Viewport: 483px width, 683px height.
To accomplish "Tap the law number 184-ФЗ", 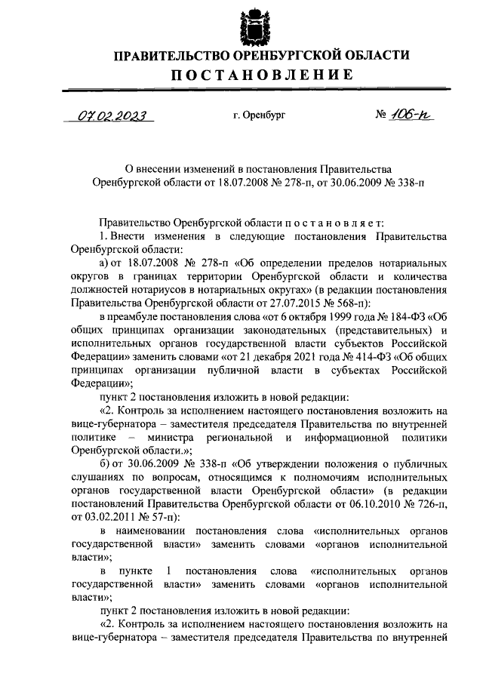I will click(398, 316).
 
